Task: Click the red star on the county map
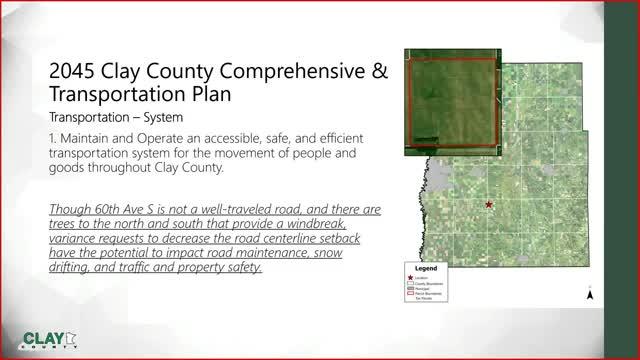tap(488, 204)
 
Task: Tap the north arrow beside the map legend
tap(590, 294)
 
